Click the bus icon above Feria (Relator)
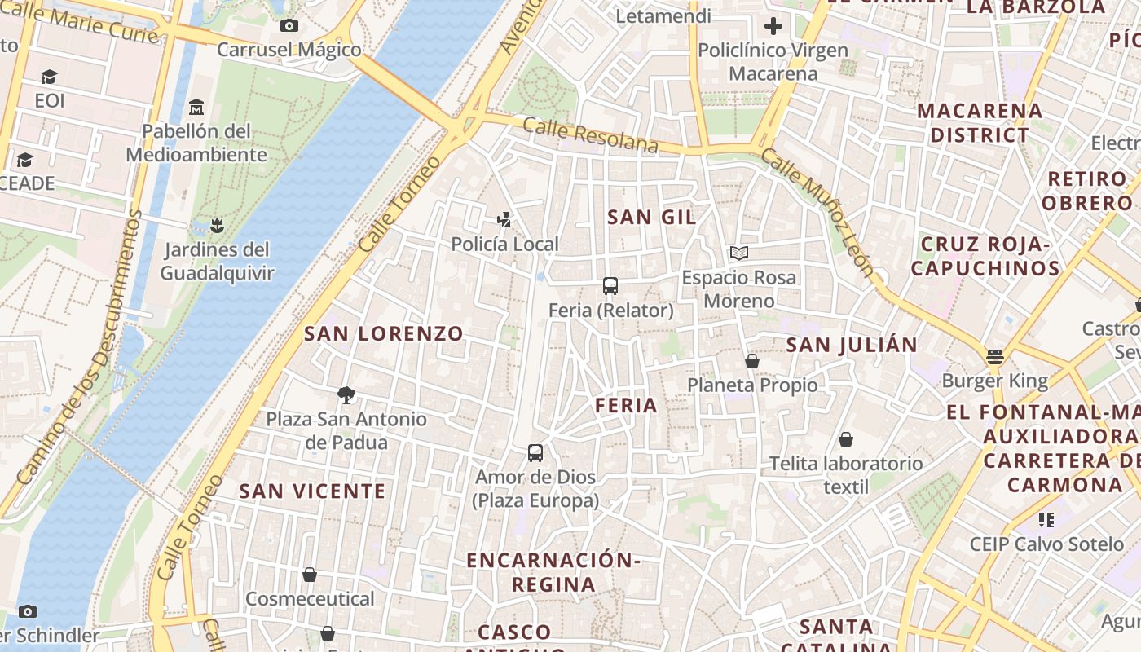coord(610,286)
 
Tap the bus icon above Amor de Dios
coord(535,452)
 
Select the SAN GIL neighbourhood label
coord(652,217)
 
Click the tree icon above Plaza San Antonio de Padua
coord(346,395)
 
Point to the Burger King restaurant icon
coord(994,357)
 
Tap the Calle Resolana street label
coord(590,135)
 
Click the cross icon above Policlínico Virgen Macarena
coord(773,26)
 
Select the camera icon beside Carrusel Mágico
coord(289,26)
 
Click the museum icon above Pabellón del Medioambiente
coord(196,107)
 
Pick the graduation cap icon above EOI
coord(50,77)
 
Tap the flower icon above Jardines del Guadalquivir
coord(217,224)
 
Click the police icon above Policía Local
coord(505,219)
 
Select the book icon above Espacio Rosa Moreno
coord(738,253)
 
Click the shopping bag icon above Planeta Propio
coord(751,360)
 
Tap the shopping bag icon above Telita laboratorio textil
coord(846,439)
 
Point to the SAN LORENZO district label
coord(383,333)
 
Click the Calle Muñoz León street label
coord(817,211)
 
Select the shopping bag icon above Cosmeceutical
coord(310,575)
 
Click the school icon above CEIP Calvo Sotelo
coord(1046,519)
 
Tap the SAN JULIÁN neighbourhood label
coord(852,345)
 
